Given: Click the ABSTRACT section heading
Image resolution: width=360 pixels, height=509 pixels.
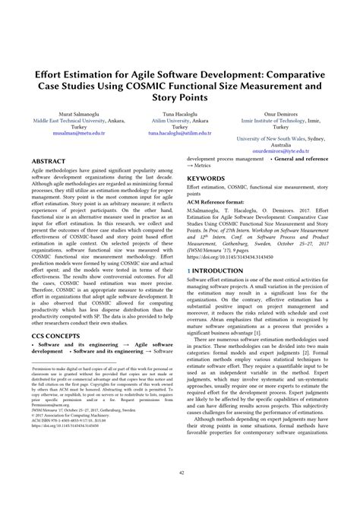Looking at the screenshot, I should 49,163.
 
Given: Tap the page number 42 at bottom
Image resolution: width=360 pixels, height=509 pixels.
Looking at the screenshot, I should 180,495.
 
